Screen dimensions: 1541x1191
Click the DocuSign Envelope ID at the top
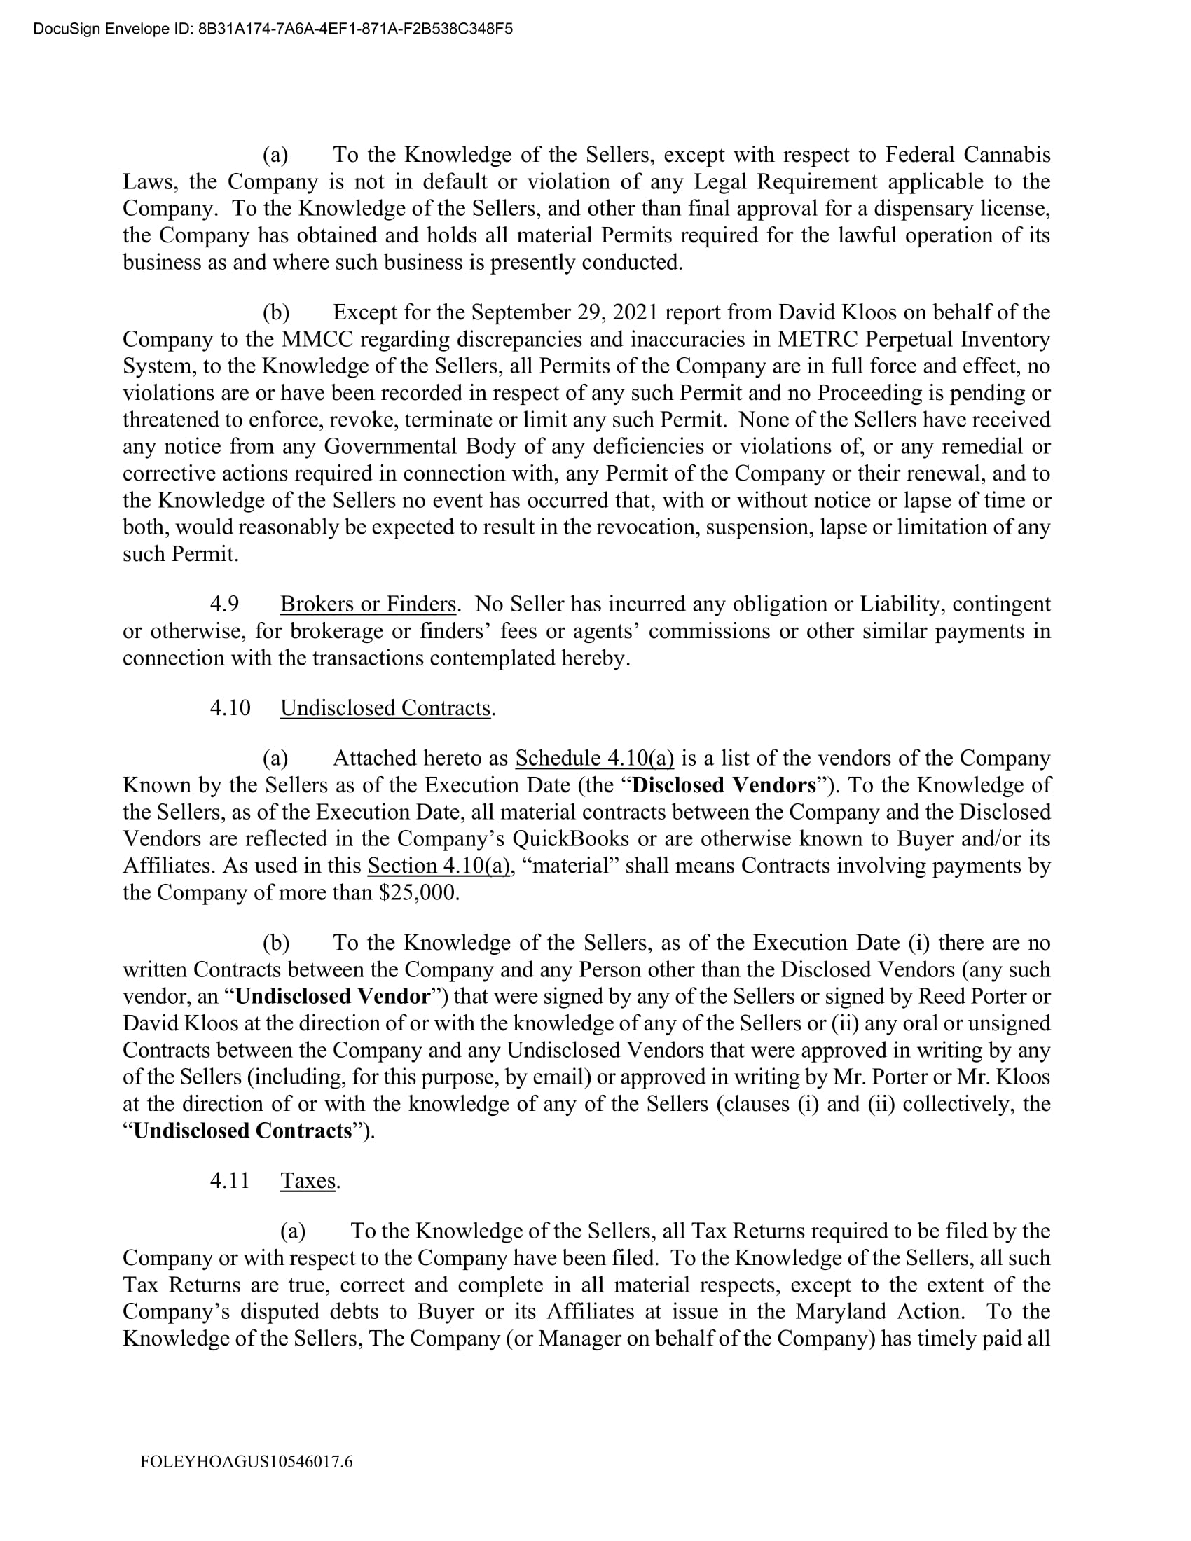pyautogui.click(x=273, y=29)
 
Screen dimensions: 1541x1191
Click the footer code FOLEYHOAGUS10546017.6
pyautogui.click(x=246, y=1461)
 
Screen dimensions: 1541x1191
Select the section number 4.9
pyautogui.click(x=224, y=604)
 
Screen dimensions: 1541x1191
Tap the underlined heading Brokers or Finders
pyautogui.click(x=368, y=604)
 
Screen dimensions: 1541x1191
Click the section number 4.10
pyautogui.click(x=230, y=707)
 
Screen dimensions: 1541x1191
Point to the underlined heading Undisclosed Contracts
pyautogui.click(x=385, y=707)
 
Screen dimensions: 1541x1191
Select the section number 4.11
pyautogui.click(x=230, y=1180)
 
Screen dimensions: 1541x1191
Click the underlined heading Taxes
pyautogui.click(x=308, y=1180)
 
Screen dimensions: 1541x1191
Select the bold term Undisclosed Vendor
pyautogui.click(x=332, y=996)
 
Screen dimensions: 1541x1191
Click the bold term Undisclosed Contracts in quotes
pyautogui.click(x=242, y=1131)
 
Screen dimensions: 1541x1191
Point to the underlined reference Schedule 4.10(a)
pyautogui.click(x=595, y=759)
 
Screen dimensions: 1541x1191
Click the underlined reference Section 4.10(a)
pyautogui.click(x=438, y=866)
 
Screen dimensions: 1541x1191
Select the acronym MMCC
pyautogui.click(x=312, y=340)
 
